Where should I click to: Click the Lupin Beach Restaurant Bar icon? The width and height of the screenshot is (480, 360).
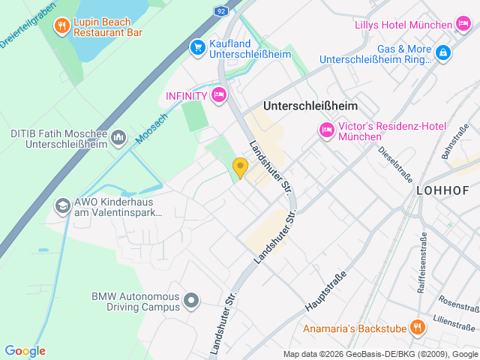62,27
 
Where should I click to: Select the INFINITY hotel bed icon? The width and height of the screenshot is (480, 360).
219,94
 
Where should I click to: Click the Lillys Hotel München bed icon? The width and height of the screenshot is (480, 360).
463,25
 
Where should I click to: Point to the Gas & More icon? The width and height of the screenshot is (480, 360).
443,52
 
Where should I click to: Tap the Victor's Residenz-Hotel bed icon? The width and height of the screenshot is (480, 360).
327,130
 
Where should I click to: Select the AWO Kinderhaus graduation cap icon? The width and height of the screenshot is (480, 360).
63,204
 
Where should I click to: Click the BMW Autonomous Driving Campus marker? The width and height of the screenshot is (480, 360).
191,301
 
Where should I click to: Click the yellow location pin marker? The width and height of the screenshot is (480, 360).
240,167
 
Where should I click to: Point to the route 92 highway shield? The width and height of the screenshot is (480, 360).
220,11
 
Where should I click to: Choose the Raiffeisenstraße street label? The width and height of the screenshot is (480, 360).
423,262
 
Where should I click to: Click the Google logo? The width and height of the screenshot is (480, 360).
25,351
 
